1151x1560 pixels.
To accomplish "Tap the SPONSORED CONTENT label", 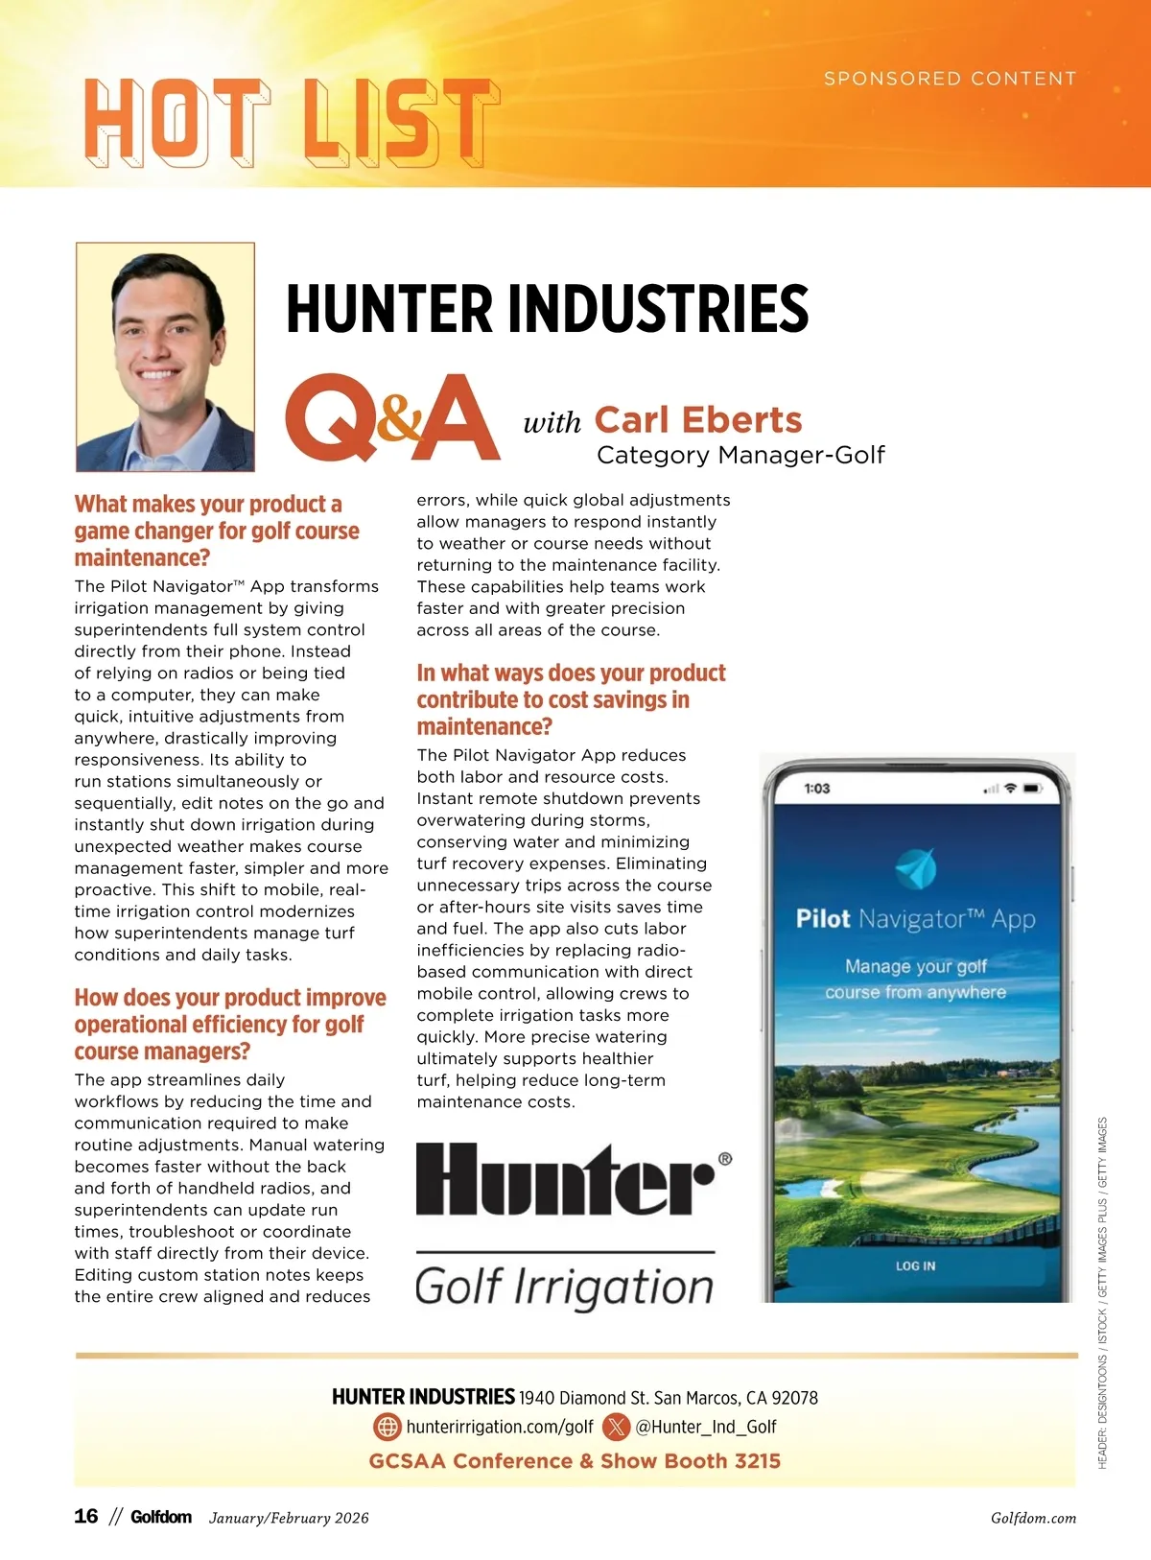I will pyautogui.click(x=950, y=79).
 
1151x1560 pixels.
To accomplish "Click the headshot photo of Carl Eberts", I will pyautogui.click(x=165, y=356).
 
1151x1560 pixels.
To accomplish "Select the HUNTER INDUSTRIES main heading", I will pyautogui.click(x=547, y=309).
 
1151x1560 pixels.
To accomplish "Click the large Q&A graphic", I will pyautogui.click(x=392, y=418).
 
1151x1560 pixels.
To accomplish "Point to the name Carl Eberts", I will pyautogui.click(x=698, y=420).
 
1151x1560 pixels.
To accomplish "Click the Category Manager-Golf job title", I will pyautogui.click(x=740, y=455).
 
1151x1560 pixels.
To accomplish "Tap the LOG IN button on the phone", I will pyautogui.click(x=915, y=1266).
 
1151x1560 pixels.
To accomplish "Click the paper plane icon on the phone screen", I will pyautogui.click(x=915, y=868).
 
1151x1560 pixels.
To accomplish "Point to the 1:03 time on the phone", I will pyautogui.click(x=817, y=789).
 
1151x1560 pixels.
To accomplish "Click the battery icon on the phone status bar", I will pyautogui.click(x=1032, y=789).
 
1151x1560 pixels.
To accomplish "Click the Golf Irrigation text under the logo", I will pyautogui.click(x=564, y=1287).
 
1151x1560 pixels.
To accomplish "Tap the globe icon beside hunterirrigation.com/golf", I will pyautogui.click(x=387, y=1427).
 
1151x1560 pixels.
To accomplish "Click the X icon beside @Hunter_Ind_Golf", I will pyautogui.click(x=616, y=1427).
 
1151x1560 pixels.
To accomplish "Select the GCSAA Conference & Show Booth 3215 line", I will pyautogui.click(x=575, y=1461).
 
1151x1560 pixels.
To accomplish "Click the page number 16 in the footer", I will pyautogui.click(x=86, y=1517).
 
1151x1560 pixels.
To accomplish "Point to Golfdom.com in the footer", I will pyautogui.click(x=1033, y=1518).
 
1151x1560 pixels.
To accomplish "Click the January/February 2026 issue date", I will pyautogui.click(x=289, y=1518).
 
